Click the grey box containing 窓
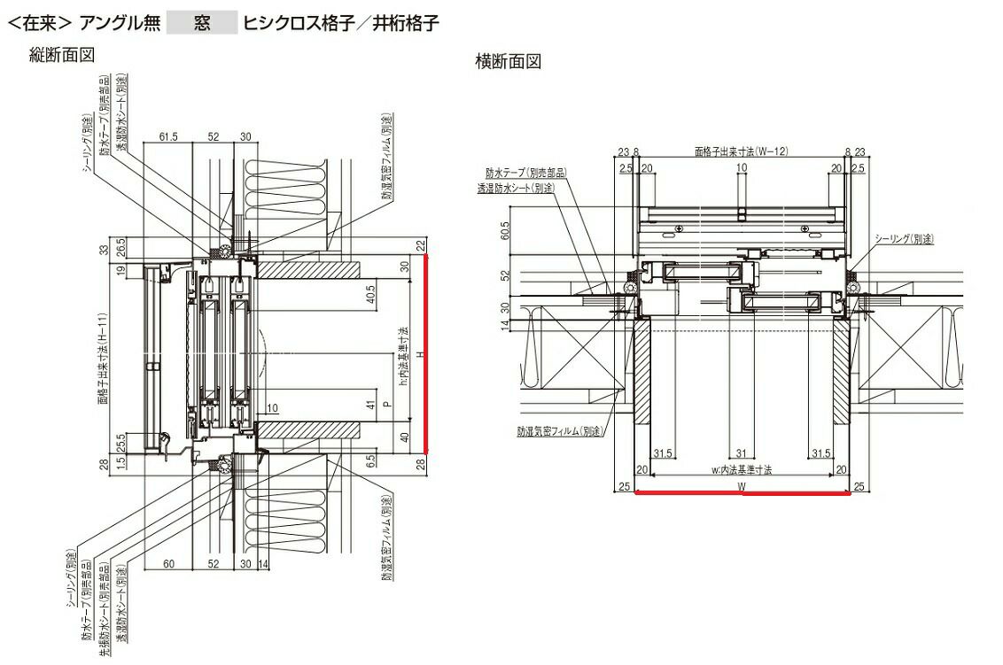[x=202, y=22]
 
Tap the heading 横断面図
[x=508, y=62]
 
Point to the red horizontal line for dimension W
[x=743, y=494]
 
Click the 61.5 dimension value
[x=169, y=137]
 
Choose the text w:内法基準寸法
[x=742, y=470]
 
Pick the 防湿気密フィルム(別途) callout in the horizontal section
[x=557, y=431]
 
